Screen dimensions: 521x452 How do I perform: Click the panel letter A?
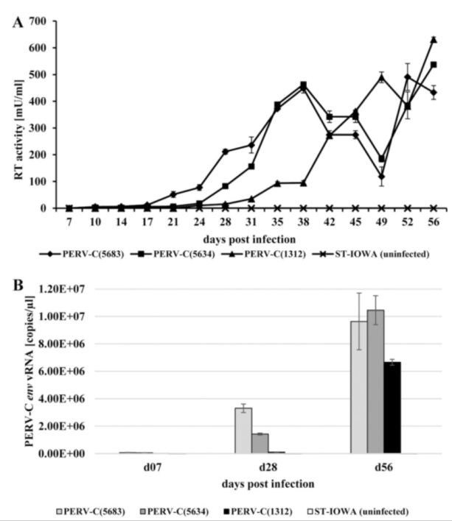[x=17, y=22]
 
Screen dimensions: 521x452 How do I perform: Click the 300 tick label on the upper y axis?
[x=41, y=127]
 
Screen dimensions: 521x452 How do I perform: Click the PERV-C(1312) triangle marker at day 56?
[x=434, y=40]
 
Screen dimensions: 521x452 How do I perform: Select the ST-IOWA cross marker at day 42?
[x=330, y=208]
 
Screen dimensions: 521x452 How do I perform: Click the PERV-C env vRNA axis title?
[x=18, y=370]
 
